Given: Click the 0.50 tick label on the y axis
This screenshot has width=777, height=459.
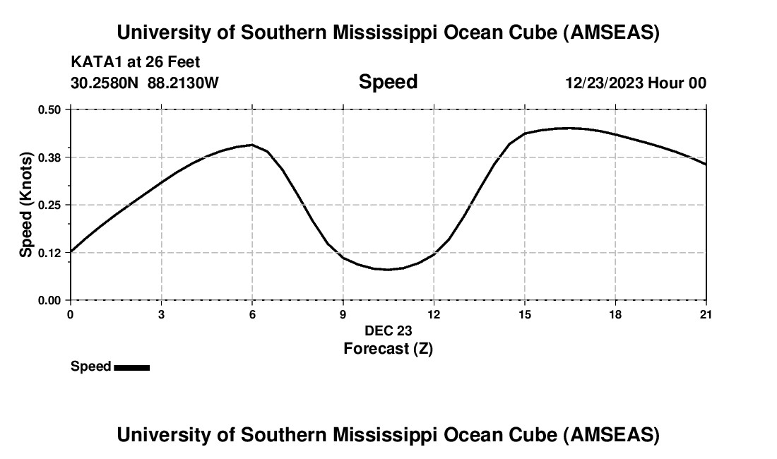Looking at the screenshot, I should click(50, 109).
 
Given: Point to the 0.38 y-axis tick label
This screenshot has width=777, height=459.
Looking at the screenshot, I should click(50, 157).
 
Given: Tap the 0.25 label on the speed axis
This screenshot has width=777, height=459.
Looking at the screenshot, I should click(50, 205).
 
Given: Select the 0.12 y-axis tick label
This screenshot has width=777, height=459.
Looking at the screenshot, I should click(50, 253).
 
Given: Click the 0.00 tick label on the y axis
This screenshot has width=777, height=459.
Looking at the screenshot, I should click(50, 300).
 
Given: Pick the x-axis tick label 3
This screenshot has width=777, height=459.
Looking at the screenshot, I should click(162, 314).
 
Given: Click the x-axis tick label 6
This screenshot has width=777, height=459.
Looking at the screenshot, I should click(252, 314).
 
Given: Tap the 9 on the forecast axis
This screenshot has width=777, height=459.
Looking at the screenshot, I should click(343, 314).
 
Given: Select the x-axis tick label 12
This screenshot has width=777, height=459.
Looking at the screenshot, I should click(434, 314).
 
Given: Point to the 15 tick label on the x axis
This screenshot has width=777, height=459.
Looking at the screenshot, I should click(525, 314).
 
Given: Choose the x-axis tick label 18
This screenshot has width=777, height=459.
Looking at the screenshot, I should click(615, 314).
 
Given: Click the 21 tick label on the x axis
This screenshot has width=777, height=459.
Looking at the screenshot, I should click(706, 314).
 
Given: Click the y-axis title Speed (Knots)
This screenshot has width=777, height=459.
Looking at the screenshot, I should click(26, 205).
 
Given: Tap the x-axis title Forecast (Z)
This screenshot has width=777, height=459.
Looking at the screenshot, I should click(388, 348).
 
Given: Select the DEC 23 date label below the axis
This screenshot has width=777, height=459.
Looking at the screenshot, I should click(388, 330).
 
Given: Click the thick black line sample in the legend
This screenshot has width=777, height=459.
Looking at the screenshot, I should click(131, 367).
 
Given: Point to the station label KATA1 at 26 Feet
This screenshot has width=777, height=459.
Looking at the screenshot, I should click(136, 62).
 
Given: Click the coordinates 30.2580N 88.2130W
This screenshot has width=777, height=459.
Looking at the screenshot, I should click(145, 83).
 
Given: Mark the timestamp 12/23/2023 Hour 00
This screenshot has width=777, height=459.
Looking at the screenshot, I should click(636, 83).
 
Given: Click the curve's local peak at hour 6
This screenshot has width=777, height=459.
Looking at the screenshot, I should click(251, 145).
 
